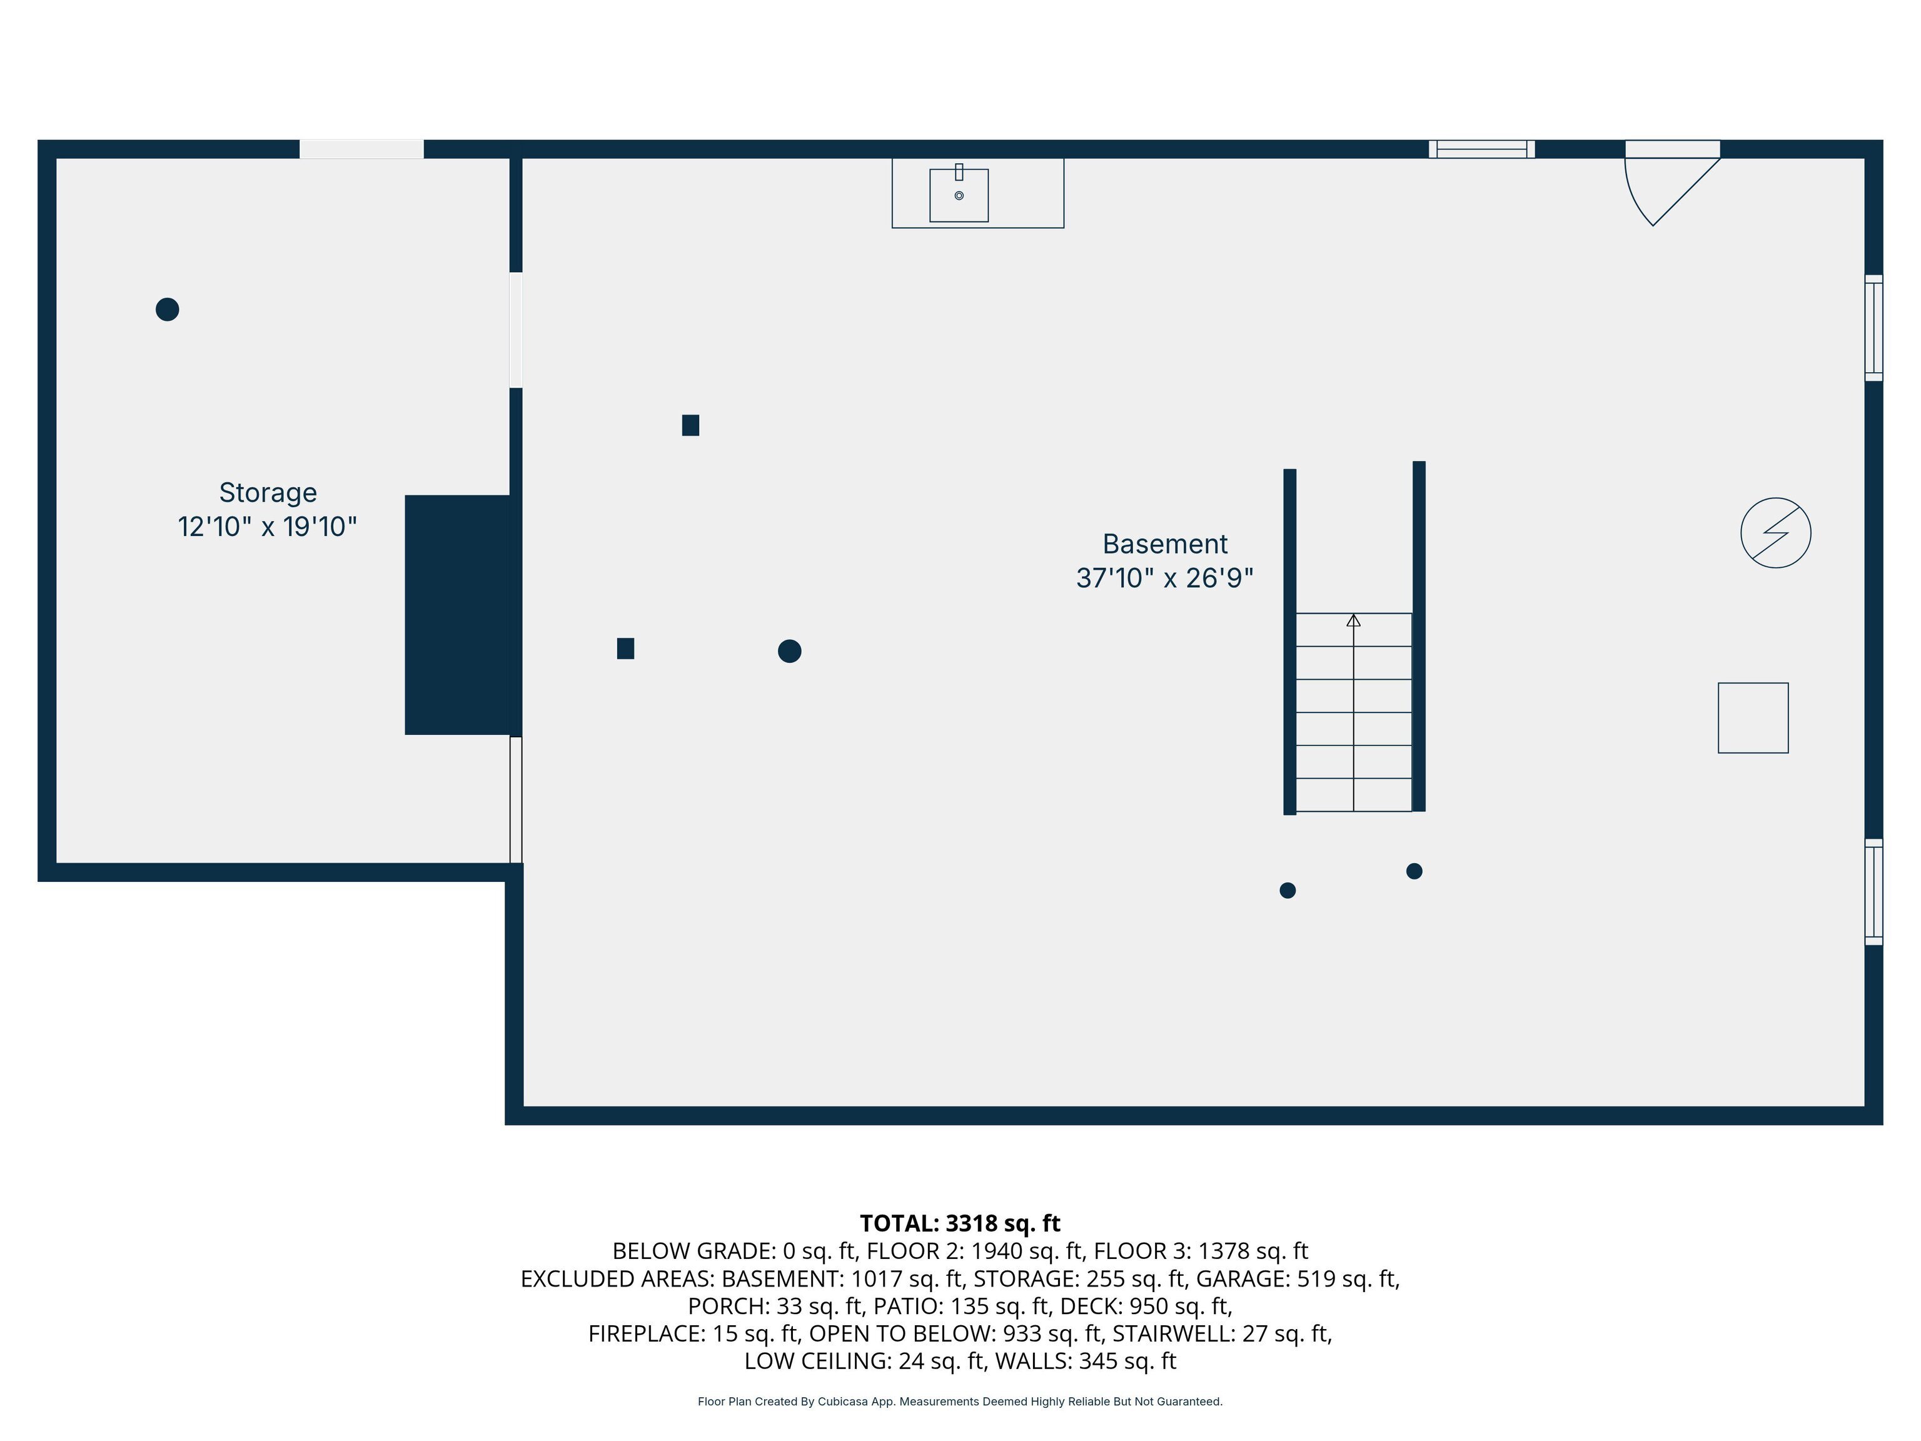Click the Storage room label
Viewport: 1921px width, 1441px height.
click(x=268, y=492)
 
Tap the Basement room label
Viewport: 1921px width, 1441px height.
click(x=1164, y=544)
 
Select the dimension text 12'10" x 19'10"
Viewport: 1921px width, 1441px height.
click(x=268, y=527)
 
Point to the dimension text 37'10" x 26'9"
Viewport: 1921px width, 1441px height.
click(x=1164, y=578)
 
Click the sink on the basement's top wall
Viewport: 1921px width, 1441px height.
click(x=959, y=195)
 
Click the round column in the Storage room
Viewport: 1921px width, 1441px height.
click(x=168, y=309)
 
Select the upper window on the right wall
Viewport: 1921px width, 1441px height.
click(x=1874, y=328)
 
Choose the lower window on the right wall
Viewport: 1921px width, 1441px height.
click(x=1874, y=892)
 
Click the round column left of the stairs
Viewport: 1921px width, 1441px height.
click(x=789, y=650)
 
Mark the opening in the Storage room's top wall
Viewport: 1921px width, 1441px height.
click(x=361, y=148)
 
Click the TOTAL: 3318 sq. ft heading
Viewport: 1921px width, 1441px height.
click(x=960, y=1223)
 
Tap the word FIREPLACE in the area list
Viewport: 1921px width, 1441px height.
click(x=646, y=1333)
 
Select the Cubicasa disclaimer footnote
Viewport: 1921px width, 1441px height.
click(x=960, y=1401)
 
